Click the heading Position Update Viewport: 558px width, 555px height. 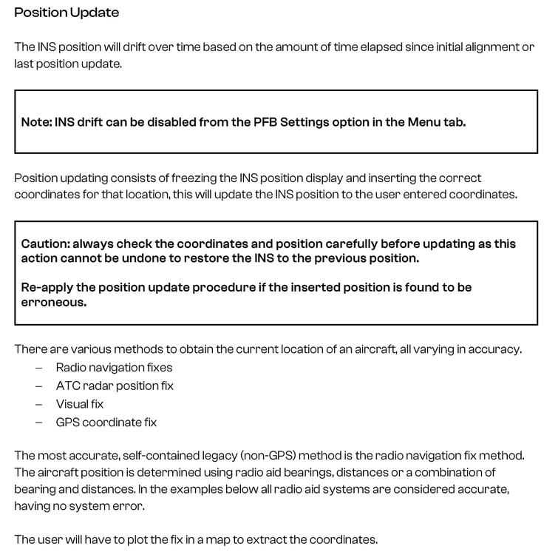click(x=67, y=13)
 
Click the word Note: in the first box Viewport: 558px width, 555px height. click(x=36, y=122)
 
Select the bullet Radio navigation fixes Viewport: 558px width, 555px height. click(x=114, y=367)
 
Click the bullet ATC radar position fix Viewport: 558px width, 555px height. click(x=115, y=386)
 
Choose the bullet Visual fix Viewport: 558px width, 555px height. click(x=80, y=404)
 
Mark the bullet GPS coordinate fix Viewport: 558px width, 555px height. click(x=106, y=423)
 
